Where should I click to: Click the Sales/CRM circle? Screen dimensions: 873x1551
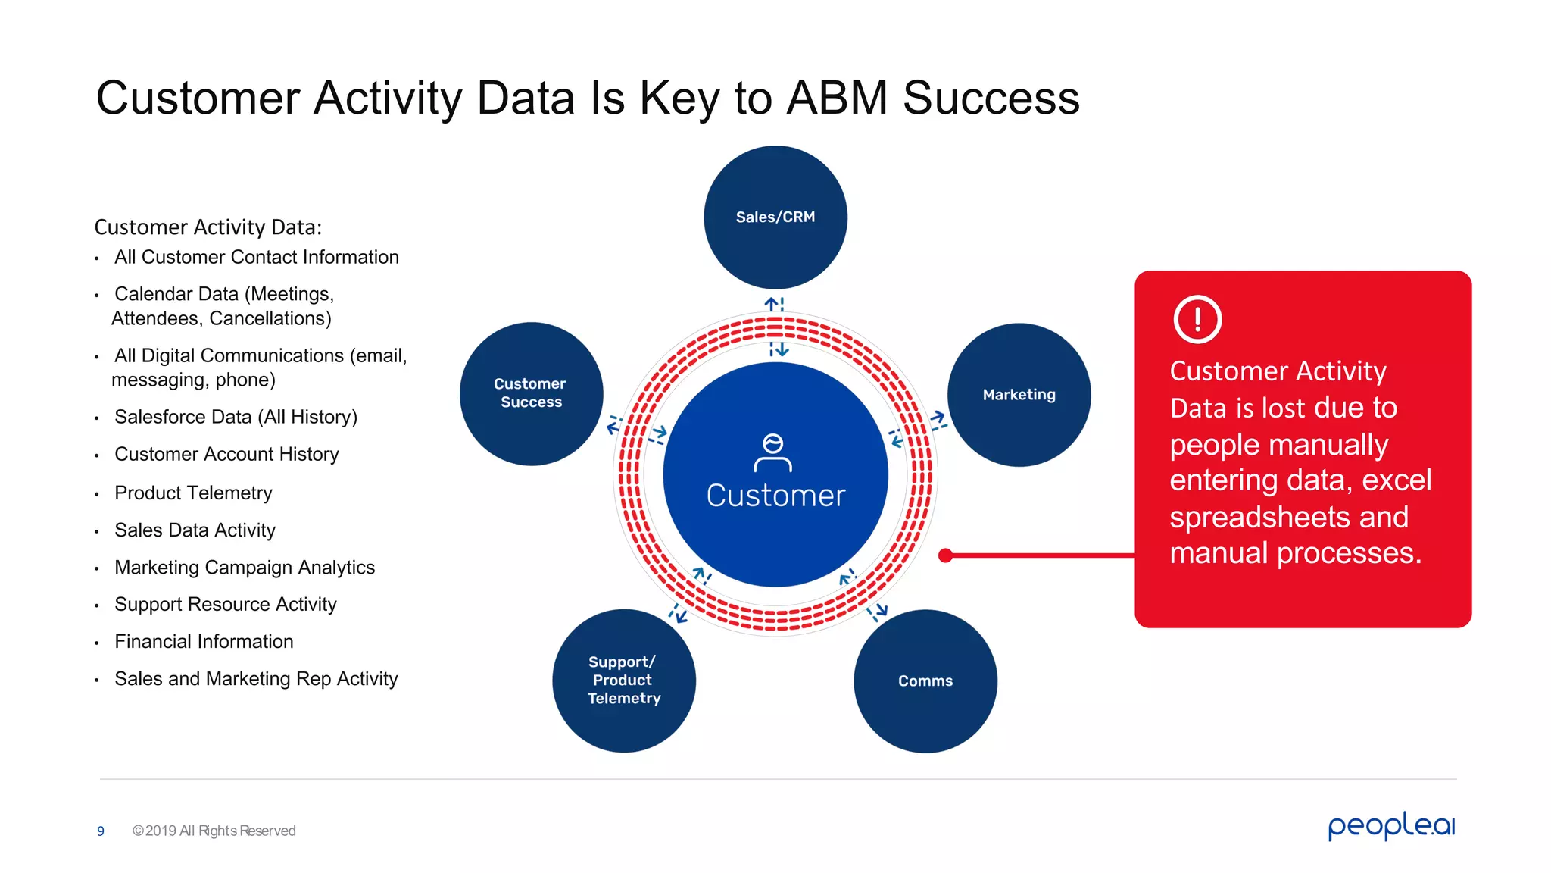pyautogui.click(x=775, y=217)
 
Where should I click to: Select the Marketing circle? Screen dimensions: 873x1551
pyautogui.click(x=1019, y=394)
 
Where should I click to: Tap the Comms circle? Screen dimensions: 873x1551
pyautogui.click(x=925, y=681)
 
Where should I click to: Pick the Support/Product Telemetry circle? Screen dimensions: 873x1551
pyautogui.click(x=624, y=680)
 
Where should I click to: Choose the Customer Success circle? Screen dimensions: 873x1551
pyautogui.click(x=531, y=393)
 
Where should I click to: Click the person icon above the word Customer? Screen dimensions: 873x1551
pyautogui.click(x=772, y=452)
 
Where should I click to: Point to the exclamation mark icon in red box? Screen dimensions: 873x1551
pyautogui.click(x=1197, y=319)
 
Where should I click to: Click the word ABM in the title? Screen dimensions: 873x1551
pyautogui.click(x=837, y=98)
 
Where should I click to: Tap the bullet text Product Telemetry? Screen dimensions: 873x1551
pyautogui.click(x=193, y=493)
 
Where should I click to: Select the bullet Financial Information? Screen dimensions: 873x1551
pyautogui.click(x=204, y=641)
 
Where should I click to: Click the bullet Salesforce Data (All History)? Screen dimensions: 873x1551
pyautogui.click(x=236, y=417)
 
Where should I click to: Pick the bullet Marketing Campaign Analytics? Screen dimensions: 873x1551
pyautogui.click(x=245, y=567)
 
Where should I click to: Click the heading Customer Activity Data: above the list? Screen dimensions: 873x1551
pyautogui.click(x=208, y=227)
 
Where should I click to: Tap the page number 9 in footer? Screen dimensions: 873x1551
pyautogui.click(x=101, y=831)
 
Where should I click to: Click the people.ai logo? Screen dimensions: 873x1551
pyautogui.click(x=1390, y=825)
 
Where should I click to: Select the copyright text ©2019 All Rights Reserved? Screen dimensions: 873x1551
pyautogui.click(x=214, y=831)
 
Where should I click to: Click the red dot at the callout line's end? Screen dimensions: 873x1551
pyautogui.click(x=945, y=555)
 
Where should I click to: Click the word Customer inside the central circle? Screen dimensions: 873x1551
pyautogui.click(x=775, y=496)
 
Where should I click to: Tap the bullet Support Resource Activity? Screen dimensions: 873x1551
pyautogui.click(x=225, y=604)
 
